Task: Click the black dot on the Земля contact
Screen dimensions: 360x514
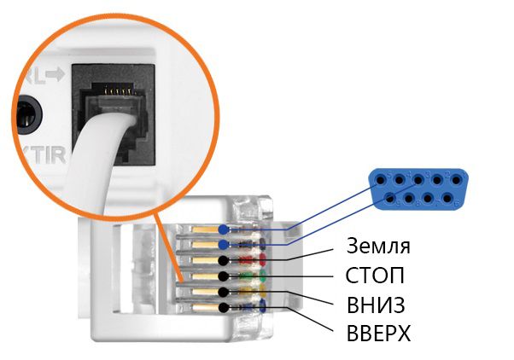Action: click(x=223, y=259)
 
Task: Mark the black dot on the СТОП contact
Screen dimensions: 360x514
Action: click(x=223, y=276)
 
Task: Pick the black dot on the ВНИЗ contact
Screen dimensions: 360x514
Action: click(x=223, y=292)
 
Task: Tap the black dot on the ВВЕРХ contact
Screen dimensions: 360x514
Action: click(x=223, y=307)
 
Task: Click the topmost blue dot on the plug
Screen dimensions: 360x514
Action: click(x=223, y=229)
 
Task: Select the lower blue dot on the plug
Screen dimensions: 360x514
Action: click(x=223, y=244)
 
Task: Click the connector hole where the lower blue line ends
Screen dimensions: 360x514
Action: click(x=390, y=198)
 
